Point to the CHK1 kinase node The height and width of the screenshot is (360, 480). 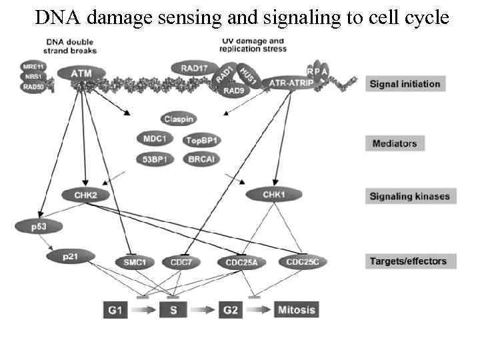pos(271,195)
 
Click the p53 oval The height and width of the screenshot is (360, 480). pos(38,226)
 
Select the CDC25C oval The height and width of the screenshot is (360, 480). pos(303,261)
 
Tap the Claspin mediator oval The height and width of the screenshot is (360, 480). pos(178,119)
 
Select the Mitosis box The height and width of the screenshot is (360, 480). pos(295,309)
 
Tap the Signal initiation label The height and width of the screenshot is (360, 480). pos(405,84)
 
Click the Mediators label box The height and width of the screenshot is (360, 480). pos(395,143)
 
